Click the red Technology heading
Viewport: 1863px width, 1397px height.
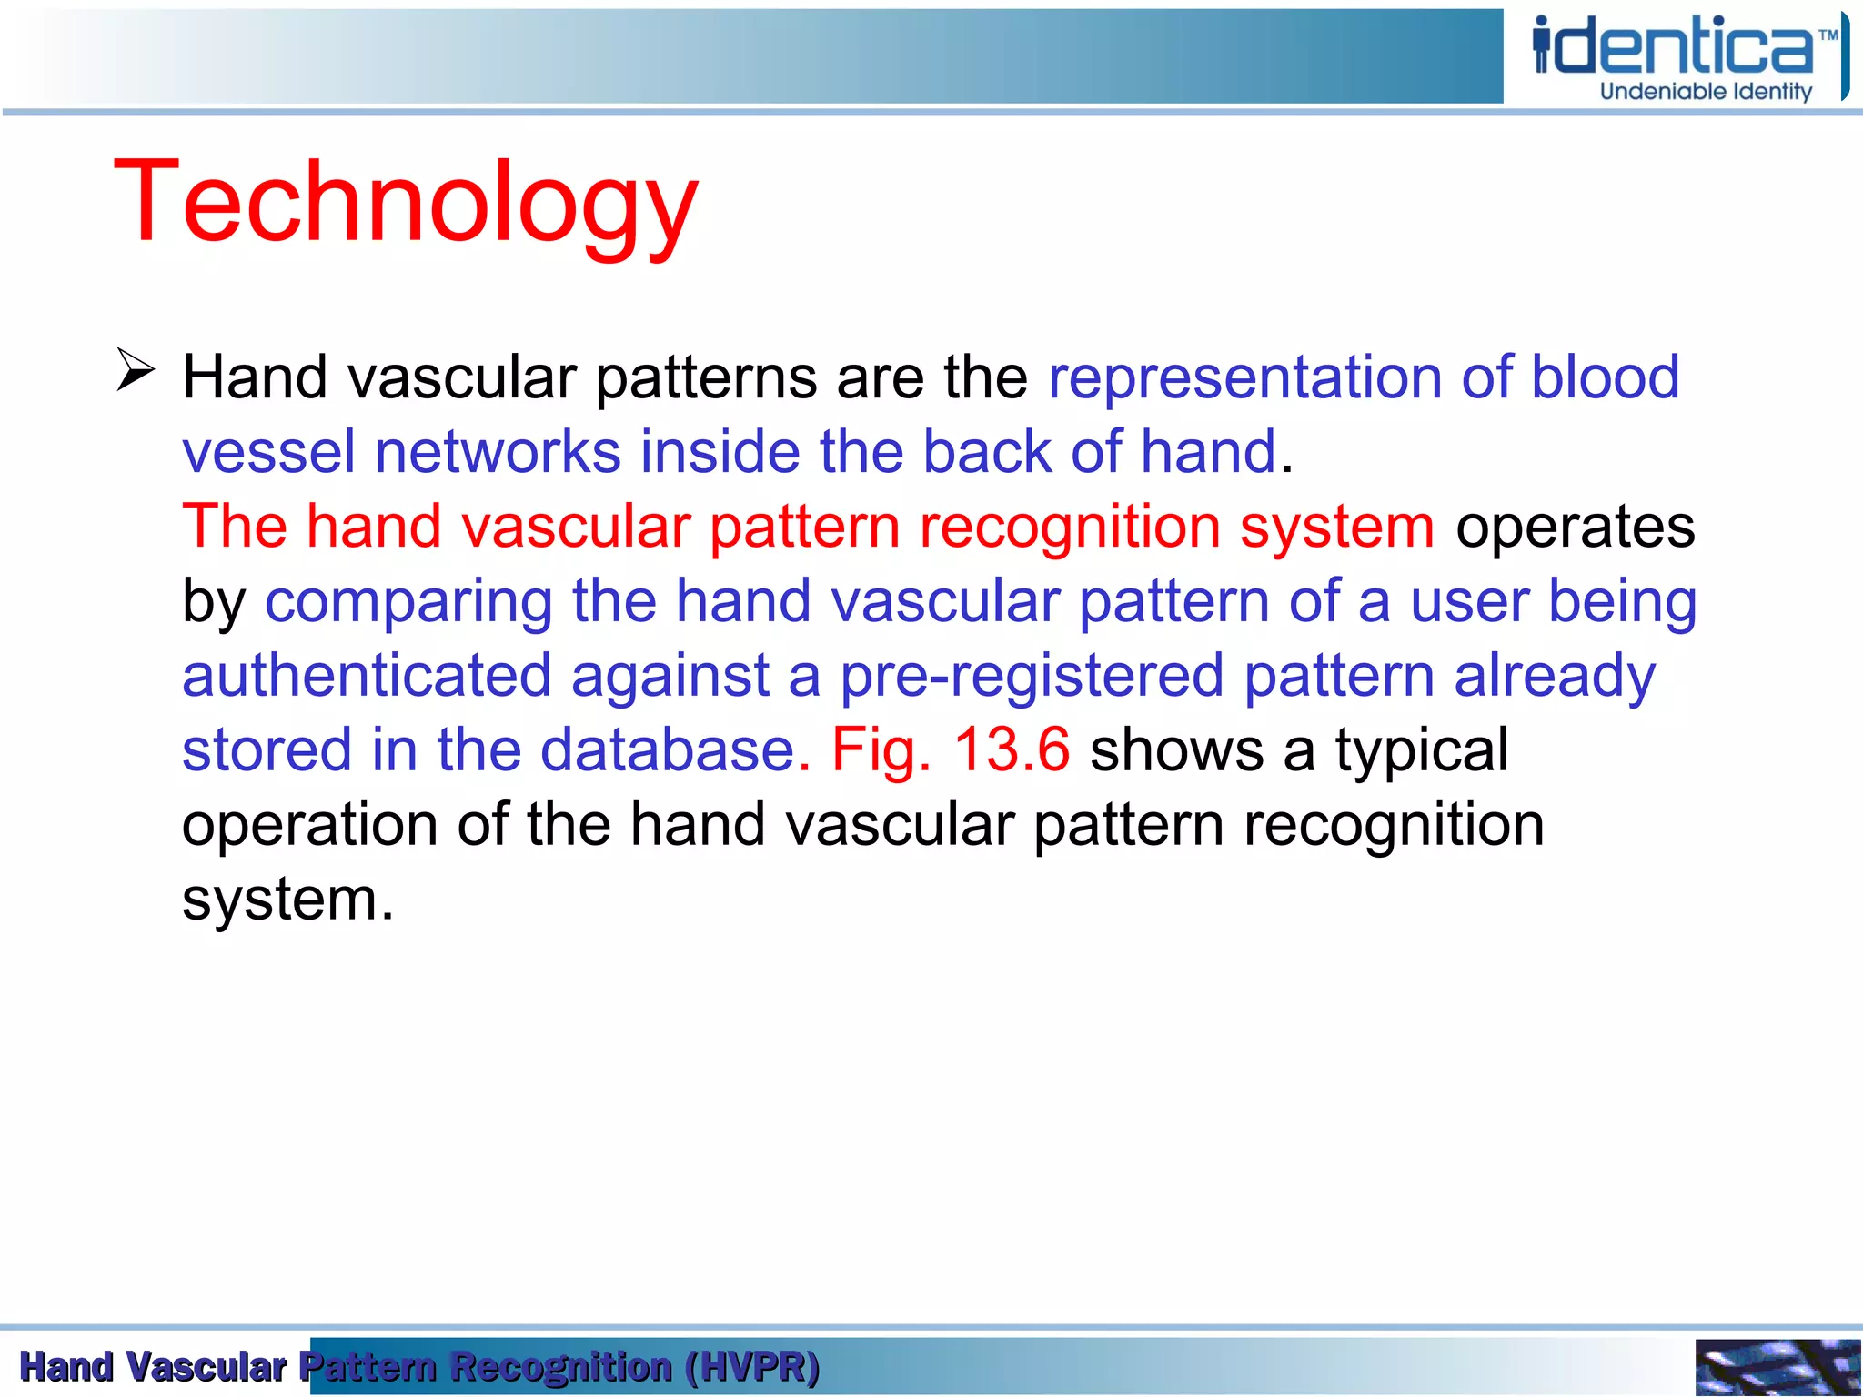point(406,202)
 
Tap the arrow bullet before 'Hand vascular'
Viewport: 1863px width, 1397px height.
point(136,370)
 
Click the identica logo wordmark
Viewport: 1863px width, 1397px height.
point(1674,47)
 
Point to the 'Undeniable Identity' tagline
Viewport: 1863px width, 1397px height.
point(1706,92)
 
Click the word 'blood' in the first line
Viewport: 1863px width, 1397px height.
point(1605,377)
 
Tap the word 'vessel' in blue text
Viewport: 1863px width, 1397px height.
point(268,452)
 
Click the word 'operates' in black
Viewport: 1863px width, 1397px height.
point(1575,527)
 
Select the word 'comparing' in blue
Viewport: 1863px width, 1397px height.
point(408,602)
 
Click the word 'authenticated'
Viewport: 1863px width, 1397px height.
point(367,676)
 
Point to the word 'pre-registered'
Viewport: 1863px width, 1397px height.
point(1031,676)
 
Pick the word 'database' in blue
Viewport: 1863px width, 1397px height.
point(668,750)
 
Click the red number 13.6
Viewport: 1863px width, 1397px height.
point(1011,750)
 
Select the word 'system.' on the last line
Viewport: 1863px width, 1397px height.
point(287,900)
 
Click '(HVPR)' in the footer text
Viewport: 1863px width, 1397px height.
point(753,1367)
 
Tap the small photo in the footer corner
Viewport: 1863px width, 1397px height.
point(1777,1366)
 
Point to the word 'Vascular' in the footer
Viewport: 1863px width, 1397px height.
point(206,1367)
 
